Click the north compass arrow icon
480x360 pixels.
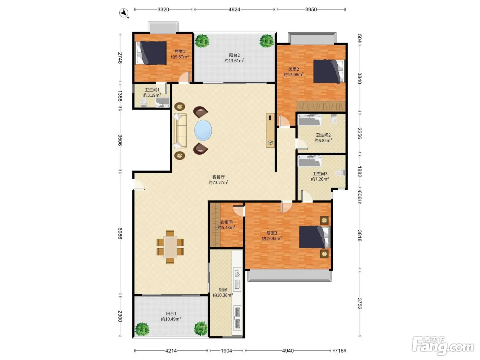[123, 13]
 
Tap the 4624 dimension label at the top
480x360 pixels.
[234, 9]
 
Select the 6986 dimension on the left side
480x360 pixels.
[120, 233]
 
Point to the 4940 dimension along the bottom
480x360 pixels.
[288, 351]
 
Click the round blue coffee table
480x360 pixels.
[203, 130]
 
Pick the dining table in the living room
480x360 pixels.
[170, 247]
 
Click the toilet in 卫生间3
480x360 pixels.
[340, 173]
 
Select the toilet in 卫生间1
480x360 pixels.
[143, 102]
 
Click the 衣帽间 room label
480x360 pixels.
[226, 222]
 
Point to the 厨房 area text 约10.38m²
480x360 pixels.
[223, 295]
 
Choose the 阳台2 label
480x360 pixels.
[235, 55]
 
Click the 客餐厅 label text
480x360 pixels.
[218, 177]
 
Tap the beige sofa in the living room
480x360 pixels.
[180, 131]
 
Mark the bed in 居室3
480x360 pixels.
[314, 237]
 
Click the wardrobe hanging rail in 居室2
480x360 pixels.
[321, 106]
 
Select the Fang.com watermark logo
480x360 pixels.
[443, 346]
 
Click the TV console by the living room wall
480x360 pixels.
[270, 130]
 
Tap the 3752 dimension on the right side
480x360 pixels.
[359, 303]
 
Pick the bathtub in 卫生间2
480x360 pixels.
[310, 120]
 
